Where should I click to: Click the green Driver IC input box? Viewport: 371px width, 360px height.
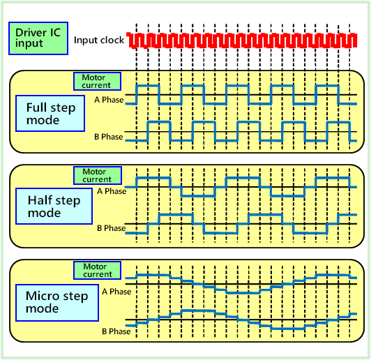(39, 39)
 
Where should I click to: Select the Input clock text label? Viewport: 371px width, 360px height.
(99, 40)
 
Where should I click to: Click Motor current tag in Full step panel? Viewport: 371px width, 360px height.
(97, 80)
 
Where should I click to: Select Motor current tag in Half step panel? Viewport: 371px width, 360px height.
(97, 175)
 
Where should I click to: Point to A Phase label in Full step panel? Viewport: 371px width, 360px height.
(109, 100)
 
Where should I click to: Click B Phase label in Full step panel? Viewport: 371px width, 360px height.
(109, 137)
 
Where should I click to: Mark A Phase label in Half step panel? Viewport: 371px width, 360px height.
(112, 190)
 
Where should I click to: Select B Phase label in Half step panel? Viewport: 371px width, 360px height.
(111, 227)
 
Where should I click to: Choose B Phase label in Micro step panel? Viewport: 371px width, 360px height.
(116, 331)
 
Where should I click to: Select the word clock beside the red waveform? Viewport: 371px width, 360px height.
(112, 40)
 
